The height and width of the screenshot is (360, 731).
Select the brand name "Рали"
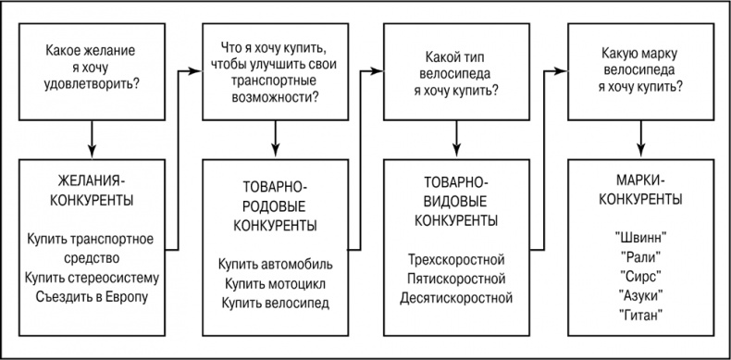[x=640, y=255]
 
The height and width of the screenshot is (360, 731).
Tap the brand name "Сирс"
[x=640, y=276]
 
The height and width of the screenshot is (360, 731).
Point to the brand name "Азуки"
[x=640, y=296]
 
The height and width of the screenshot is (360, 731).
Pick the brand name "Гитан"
[x=640, y=317]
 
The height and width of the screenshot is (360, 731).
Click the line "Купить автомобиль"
[x=275, y=262]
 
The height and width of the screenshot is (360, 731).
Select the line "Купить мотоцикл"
[x=275, y=282]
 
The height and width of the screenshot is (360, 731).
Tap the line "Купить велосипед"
[x=275, y=303]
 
